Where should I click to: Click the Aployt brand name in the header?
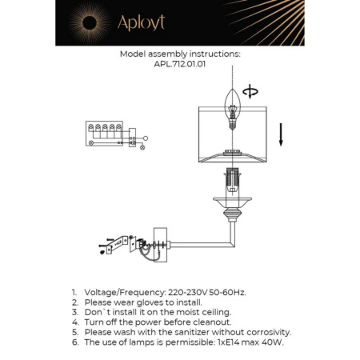[141, 22]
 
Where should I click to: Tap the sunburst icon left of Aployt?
[87, 22]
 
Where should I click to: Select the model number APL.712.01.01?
[179, 66]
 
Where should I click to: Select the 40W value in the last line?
[272, 342]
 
